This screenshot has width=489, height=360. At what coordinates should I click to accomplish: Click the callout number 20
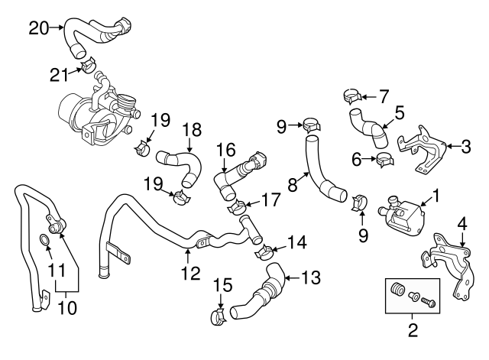[38, 28]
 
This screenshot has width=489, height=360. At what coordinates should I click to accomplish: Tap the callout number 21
[59, 73]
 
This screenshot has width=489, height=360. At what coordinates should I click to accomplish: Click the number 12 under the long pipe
[189, 273]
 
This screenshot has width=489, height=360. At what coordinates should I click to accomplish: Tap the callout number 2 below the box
[413, 331]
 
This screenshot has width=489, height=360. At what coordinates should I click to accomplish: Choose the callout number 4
[461, 224]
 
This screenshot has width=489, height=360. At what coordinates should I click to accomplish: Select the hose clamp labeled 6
[384, 160]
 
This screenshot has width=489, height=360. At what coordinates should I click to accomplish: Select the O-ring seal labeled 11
[45, 243]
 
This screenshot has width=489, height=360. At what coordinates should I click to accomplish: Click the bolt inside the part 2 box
[429, 301]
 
